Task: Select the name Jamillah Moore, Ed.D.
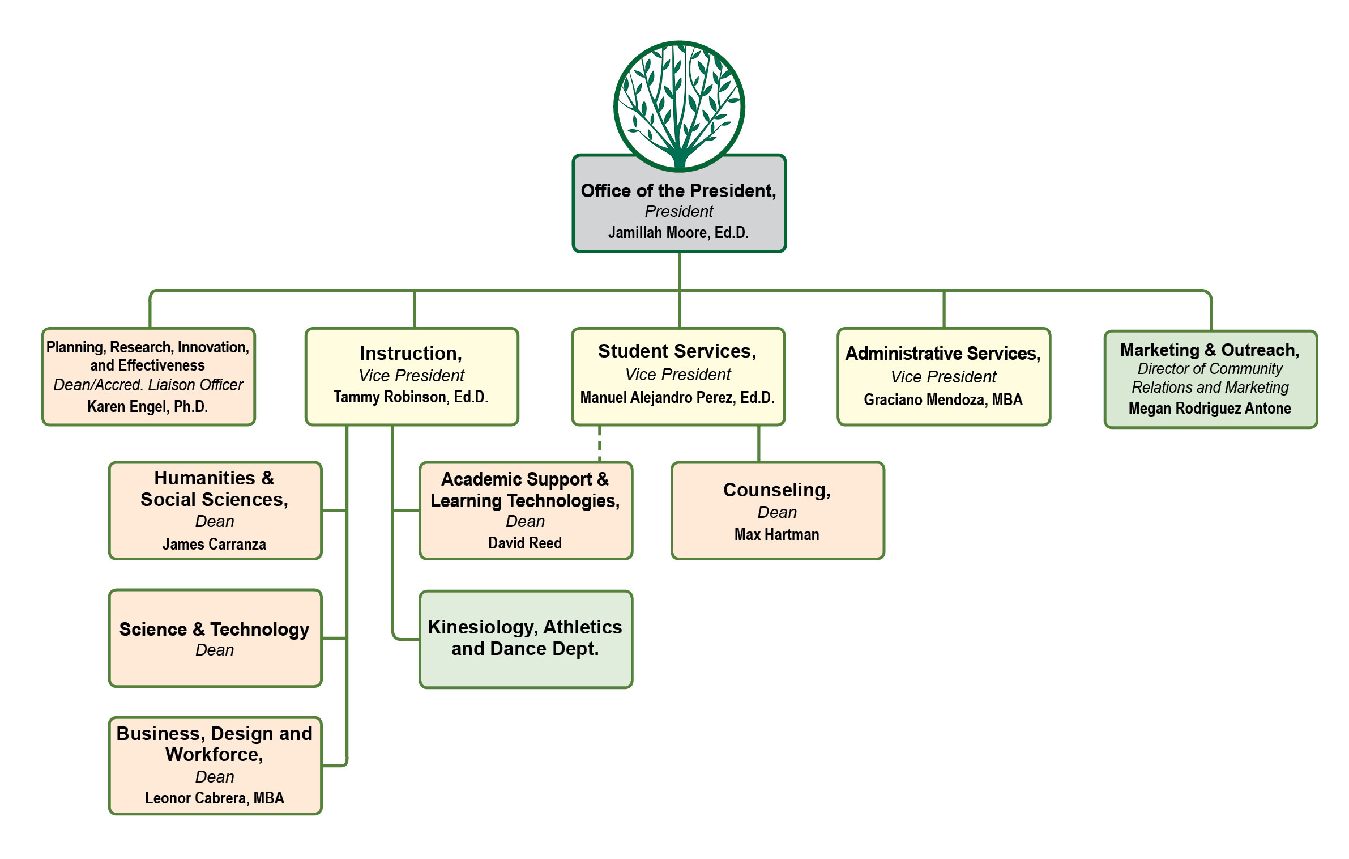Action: [678, 233]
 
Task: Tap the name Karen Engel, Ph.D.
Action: [147, 406]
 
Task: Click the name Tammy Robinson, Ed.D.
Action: [411, 397]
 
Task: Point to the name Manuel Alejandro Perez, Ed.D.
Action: [677, 397]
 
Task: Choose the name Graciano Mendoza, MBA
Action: [943, 399]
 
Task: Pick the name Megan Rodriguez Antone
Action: [1210, 408]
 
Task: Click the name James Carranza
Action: [214, 544]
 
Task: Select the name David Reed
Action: [525, 543]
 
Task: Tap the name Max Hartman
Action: [776, 534]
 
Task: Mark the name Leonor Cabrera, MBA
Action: [214, 798]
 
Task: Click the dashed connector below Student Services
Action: [599, 444]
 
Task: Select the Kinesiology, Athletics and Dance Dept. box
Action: [525, 639]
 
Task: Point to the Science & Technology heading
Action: [214, 629]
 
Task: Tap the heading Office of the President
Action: [678, 191]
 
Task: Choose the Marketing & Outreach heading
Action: [1210, 350]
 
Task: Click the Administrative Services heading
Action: [943, 353]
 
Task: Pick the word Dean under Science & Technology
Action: [214, 650]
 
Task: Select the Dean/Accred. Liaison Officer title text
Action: [148, 385]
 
